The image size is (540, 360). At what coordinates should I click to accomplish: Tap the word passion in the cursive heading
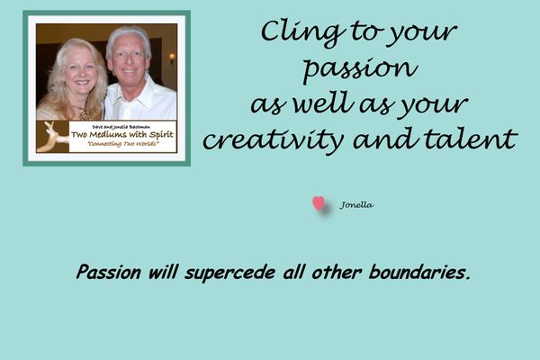tap(361, 69)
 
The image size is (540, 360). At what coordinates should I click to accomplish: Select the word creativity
tap(274, 139)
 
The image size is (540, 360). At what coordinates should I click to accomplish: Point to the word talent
tap(471, 139)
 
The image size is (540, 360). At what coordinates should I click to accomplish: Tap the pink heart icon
tap(319, 203)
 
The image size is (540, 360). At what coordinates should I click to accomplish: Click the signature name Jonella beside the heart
tap(356, 205)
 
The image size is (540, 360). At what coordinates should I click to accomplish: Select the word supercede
tap(230, 273)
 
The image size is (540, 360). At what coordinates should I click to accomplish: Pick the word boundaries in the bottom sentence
tap(419, 272)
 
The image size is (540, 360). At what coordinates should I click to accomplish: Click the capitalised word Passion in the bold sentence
tap(109, 272)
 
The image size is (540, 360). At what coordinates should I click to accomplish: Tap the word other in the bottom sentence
tap(337, 272)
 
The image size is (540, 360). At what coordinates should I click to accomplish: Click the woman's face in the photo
tap(80, 73)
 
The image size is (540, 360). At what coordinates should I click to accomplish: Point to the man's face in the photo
tap(129, 61)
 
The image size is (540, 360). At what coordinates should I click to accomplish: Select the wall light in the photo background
tap(172, 58)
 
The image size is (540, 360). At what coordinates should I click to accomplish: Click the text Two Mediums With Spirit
tap(122, 134)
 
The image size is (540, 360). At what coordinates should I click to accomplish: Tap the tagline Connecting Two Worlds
tap(123, 144)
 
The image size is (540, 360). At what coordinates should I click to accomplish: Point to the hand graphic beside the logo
tap(52, 137)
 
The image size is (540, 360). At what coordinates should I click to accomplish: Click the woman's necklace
tap(83, 112)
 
